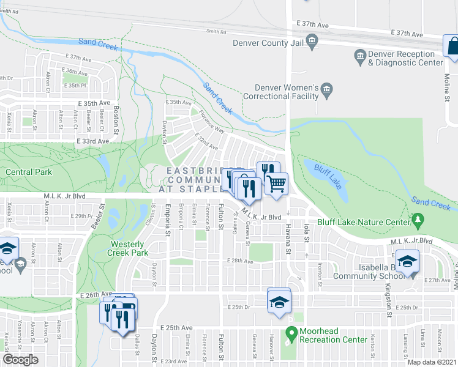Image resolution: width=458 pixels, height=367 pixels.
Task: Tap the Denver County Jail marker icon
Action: click(x=312, y=42)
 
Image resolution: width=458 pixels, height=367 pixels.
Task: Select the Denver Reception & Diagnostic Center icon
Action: click(x=360, y=58)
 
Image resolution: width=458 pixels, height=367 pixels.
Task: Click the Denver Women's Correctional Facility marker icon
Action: click(x=326, y=92)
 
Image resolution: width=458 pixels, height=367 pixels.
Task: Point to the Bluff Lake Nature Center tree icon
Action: click(x=418, y=218)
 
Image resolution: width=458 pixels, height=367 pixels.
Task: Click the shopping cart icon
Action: click(x=276, y=183)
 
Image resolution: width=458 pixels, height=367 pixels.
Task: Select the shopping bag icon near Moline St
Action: click(x=452, y=46)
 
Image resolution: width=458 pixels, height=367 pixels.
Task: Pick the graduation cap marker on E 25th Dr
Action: click(x=279, y=301)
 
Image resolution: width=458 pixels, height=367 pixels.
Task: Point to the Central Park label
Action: click(x=29, y=172)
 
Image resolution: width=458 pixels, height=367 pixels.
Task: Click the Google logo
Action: click(x=20, y=360)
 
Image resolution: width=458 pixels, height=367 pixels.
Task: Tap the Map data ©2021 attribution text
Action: click(x=432, y=362)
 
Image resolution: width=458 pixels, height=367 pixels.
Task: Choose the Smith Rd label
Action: click(x=216, y=31)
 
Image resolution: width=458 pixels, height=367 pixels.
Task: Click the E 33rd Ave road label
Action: click(x=92, y=141)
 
